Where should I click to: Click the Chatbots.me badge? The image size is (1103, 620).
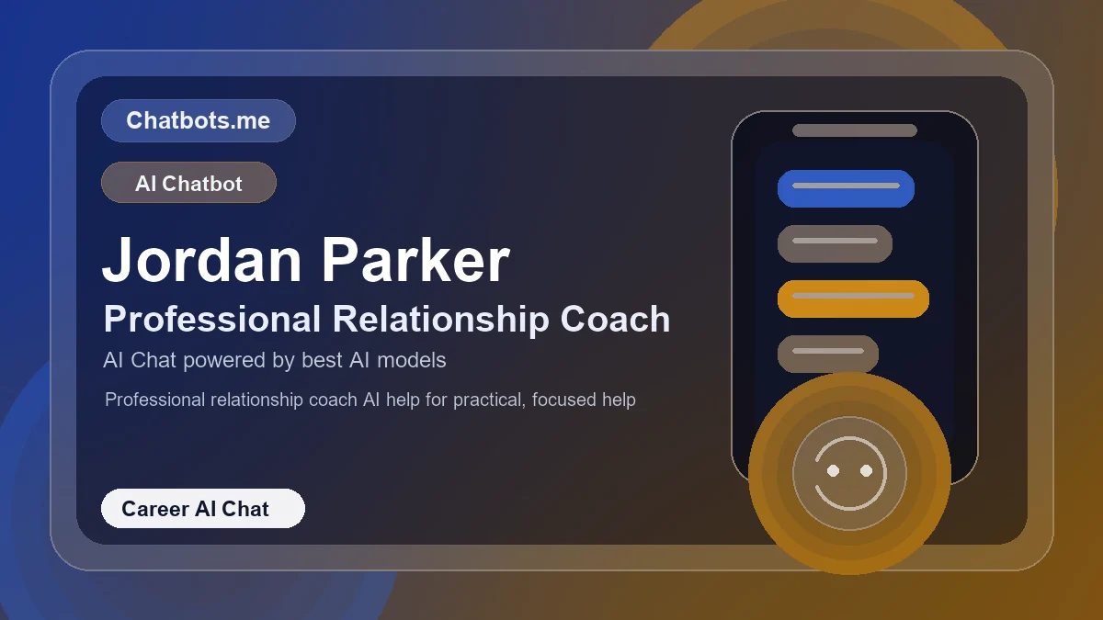pos(198,121)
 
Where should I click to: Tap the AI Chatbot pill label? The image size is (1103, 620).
pos(188,183)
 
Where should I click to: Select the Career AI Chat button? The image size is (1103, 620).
pos(202,509)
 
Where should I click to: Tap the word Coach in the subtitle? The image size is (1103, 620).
pos(615,320)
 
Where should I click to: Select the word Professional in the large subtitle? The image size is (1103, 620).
pos(211,320)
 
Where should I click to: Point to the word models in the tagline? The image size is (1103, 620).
pos(411,360)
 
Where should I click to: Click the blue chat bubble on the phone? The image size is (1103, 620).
pos(846,188)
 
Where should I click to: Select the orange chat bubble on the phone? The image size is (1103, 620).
pos(853,299)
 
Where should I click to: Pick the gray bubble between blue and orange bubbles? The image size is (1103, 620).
pos(835,243)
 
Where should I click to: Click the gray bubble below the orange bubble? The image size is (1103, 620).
pos(828,354)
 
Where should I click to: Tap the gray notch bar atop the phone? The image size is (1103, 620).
pos(855,130)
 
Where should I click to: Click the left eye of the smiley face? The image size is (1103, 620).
pos(833,470)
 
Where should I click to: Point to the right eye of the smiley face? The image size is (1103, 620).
pos(866,470)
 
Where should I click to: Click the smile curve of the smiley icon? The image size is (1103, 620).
pos(849,501)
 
